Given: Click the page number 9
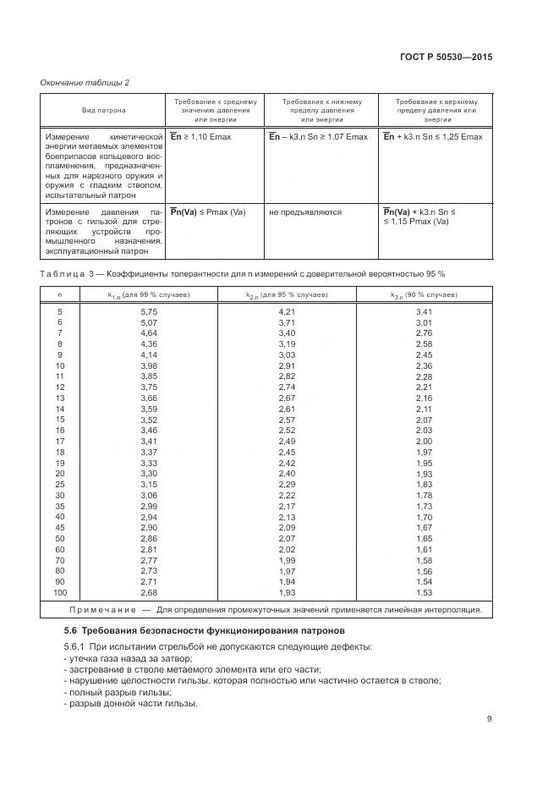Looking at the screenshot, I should point(489,720).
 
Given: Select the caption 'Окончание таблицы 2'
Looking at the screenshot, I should point(85,81).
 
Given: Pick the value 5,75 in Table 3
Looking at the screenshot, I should point(149,311).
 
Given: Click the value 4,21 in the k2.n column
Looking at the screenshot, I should point(287,311).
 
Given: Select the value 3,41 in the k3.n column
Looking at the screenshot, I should point(424,311).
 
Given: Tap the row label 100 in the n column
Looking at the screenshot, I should point(60,593).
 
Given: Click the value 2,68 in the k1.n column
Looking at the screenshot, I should point(149,593).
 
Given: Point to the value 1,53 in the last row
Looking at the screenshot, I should point(424,593).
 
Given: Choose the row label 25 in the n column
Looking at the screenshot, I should point(60,484).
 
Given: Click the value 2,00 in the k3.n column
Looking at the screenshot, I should point(424,441).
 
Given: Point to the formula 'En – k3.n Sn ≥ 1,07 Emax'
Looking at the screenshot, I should point(318,136).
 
